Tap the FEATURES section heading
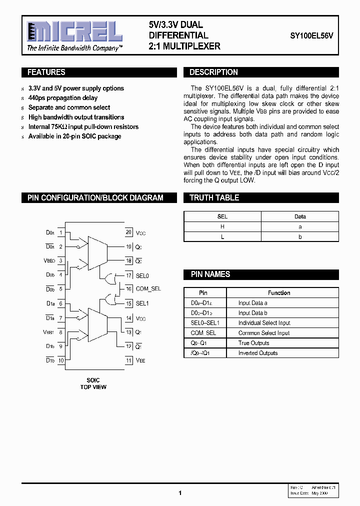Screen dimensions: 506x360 click(x=46, y=72)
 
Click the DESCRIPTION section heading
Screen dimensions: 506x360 click(x=213, y=72)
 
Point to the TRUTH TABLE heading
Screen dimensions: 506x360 click(x=214, y=198)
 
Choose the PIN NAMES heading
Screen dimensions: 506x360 click(x=210, y=274)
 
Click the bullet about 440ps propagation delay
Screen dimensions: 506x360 click(x=63, y=98)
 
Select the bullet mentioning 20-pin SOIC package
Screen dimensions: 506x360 click(x=74, y=136)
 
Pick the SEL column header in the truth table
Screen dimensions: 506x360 click(x=222, y=216)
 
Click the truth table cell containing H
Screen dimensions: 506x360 click(x=222, y=226)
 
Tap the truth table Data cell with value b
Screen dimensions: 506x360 click(x=300, y=236)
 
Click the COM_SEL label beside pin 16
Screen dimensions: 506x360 click(x=148, y=289)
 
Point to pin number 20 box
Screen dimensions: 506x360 click(x=128, y=232)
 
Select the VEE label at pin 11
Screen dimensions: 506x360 click(x=140, y=360)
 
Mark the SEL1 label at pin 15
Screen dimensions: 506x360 click(x=142, y=303)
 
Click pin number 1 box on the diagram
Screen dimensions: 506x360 click(x=61, y=232)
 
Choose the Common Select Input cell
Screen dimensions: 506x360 click(x=264, y=333)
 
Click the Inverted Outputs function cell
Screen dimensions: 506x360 click(x=258, y=353)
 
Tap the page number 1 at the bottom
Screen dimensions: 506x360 click(x=179, y=493)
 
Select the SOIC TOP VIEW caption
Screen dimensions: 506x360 click(x=93, y=383)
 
